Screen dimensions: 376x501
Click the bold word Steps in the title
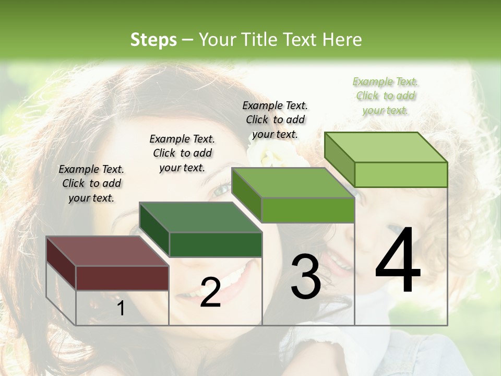pyautogui.click(x=153, y=40)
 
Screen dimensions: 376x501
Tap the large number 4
pyautogui.click(x=398, y=261)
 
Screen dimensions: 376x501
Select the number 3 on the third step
pyautogui.click(x=306, y=277)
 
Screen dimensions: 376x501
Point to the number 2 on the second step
pyautogui.click(x=210, y=292)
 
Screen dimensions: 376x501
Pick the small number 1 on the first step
pyautogui.click(x=121, y=309)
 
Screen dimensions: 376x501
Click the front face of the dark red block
pyautogui.click(x=122, y=278)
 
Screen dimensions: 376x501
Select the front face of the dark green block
pyautogui.click(x=216, y=244)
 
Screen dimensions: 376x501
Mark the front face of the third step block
pyautogui.click(x=308, y=210)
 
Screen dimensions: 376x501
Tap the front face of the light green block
pyautogui.click(x=401, y=174)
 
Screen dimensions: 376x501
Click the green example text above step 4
pyautogui.click(x=386, y=96)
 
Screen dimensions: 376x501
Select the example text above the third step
pyautogui.click(x=275, y=120)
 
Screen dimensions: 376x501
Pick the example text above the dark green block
pyautogui.click(x=182, y=153)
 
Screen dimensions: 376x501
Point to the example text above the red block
pyautogui.click(x=91, y=183)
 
